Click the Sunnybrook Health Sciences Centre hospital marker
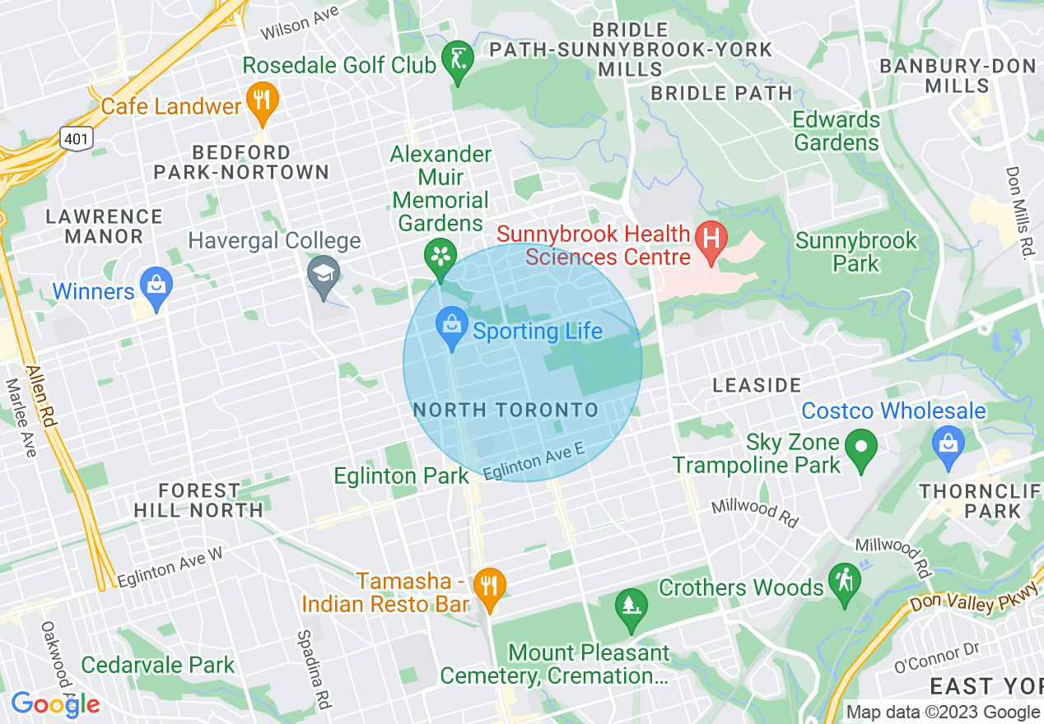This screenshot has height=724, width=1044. [711, 239]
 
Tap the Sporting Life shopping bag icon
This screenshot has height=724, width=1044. [451, 326]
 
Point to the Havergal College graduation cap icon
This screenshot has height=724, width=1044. [324, 274]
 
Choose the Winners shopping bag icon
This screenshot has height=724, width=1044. [155, 285]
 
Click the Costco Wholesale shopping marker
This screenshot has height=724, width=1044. [948, 445]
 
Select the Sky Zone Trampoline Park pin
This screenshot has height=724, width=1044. [861, 449]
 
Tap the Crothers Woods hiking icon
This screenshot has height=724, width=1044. [845, 581]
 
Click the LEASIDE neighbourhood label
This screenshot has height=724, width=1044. [757, 385]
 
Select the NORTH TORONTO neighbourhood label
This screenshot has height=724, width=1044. [506, 410]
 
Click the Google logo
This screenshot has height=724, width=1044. [54, 704]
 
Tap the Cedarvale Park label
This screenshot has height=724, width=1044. [158, 665]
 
